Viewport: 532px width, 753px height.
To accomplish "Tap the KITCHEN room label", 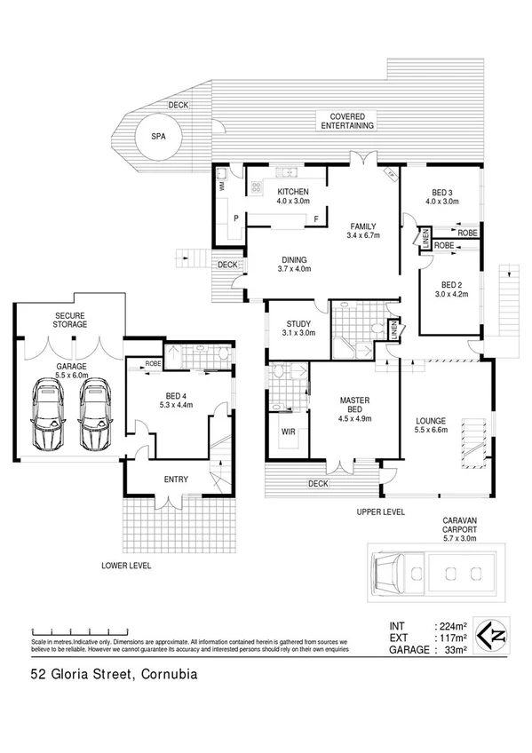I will (293, 192).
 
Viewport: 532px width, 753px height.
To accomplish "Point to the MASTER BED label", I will (353, 400).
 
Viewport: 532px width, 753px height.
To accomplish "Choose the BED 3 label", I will (441, 192).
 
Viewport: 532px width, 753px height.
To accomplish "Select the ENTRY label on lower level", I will (176, 480).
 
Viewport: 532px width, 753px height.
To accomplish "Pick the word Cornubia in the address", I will (164, 675).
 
